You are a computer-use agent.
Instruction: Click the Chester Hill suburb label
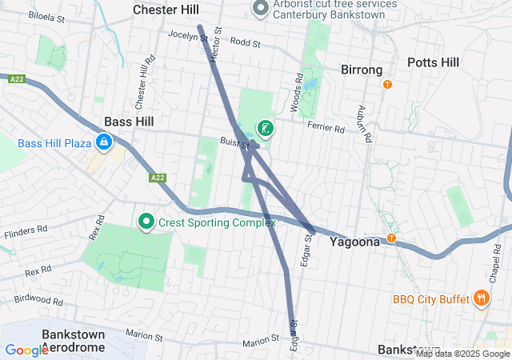166,10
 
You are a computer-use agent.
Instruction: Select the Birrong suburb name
362,70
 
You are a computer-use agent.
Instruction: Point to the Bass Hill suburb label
128,122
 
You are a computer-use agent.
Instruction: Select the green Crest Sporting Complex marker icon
146,222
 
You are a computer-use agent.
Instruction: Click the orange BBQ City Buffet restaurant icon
481,299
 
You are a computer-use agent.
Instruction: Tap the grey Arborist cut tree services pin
260,9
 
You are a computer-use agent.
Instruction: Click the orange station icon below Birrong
388,85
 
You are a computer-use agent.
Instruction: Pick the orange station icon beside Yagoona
392,238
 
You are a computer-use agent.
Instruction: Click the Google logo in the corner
26,350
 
